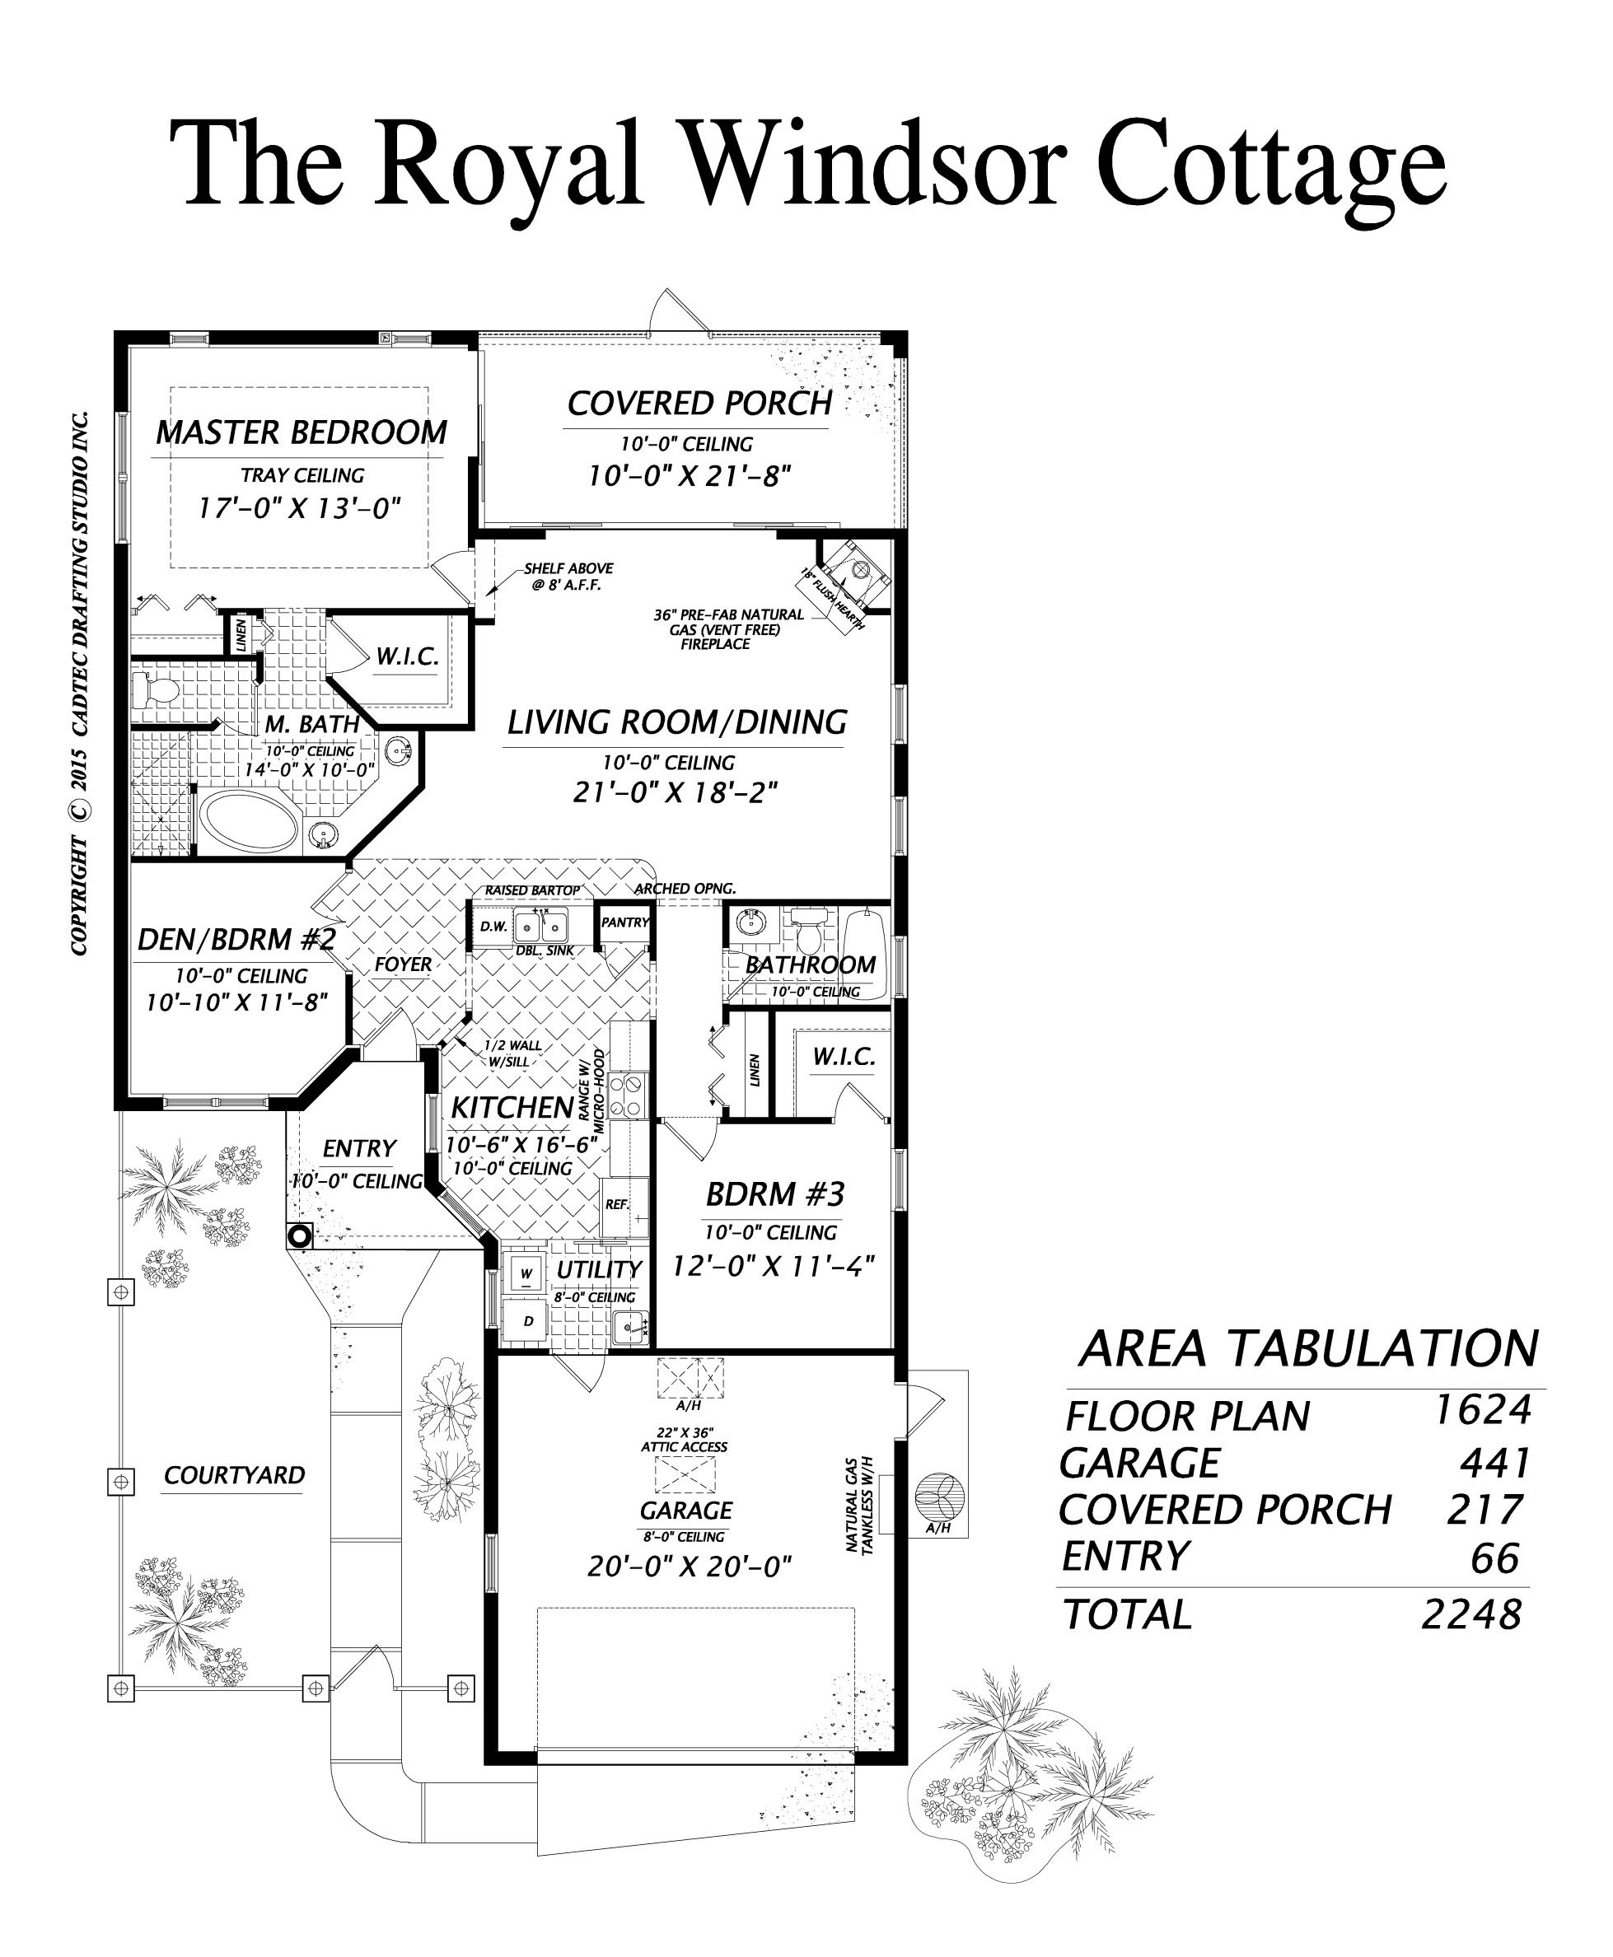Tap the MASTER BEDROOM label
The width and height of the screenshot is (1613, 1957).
(301, 432)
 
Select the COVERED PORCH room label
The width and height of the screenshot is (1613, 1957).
(699, 403)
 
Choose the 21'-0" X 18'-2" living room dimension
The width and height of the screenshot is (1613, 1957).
(675, 792)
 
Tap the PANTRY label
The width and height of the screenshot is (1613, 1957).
(625, 922)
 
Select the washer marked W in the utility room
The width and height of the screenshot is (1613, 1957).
(526, 1273)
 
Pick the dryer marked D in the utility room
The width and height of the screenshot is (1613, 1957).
(527, 1321)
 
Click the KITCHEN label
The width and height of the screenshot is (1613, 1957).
(512, 1108)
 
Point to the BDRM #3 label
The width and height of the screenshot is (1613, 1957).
(775, 1193)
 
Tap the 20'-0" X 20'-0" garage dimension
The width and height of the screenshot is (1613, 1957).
(689, 1567)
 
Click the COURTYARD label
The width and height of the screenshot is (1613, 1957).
(234, 1475)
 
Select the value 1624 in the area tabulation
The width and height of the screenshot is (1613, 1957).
(1481, 1409)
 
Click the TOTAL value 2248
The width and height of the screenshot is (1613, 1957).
(1472, 1615)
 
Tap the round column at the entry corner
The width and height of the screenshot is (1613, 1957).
(299, 1235)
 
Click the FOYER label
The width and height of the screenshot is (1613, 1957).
(404, 964)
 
